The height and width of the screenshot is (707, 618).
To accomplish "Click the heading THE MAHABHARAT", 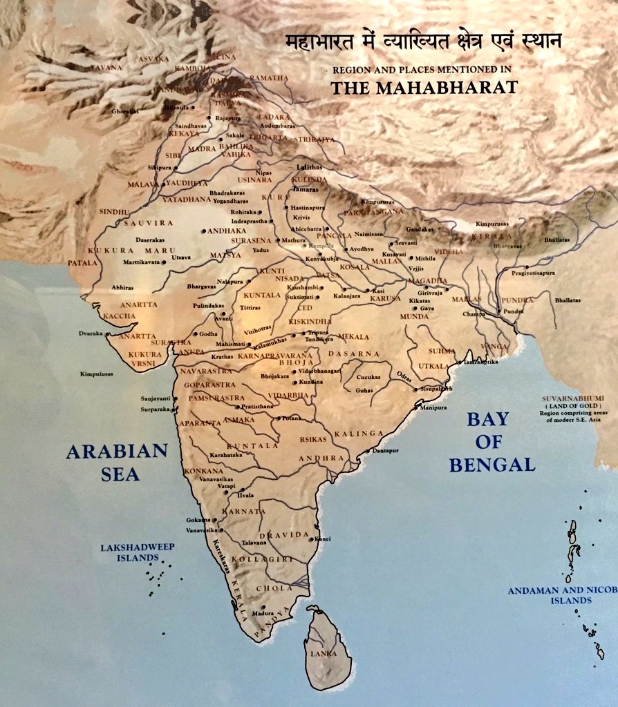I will click(424, 88).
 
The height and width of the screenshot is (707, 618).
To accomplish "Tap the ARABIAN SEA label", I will click(117, 462).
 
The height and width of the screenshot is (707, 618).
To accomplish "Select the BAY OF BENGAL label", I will click(491, 441).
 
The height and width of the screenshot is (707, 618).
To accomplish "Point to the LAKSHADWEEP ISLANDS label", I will click(137, 552).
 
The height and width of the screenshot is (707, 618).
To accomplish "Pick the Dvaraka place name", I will click(90, 333).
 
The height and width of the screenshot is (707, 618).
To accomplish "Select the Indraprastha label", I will click(249, 221).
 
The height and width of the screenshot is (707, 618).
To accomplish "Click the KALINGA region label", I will click(358, 434).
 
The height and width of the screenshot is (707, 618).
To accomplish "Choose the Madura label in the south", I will click(263, 613).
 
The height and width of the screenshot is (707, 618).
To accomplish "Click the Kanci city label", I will click(323, 539).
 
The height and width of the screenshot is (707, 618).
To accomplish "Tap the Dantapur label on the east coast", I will click(386, 450).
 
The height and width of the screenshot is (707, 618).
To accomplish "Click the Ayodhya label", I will click(362, 249).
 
